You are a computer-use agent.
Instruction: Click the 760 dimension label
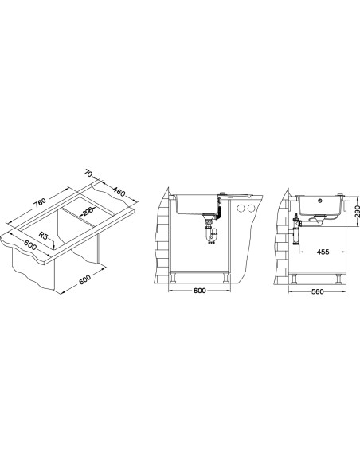[x=40, y=202]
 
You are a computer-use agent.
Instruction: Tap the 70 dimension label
[x=88, y=173]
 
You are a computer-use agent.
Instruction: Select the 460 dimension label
[x=119, y=192]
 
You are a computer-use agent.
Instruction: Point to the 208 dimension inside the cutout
[x=88, y=212]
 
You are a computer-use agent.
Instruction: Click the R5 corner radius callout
[x=43, y=236]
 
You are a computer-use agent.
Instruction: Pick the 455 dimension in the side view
[x=323, y=252]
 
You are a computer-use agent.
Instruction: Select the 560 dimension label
[x=318, y=291]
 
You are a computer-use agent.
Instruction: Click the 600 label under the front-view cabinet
[x=200, y=291]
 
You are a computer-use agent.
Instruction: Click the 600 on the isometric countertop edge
[x=29, y=245]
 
